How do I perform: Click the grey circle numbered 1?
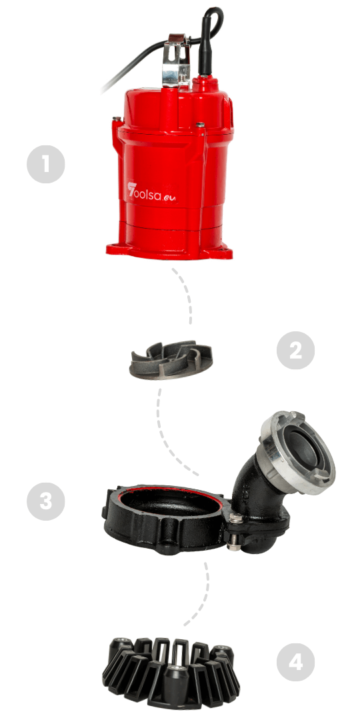[46, 165]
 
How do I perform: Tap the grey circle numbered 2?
[296, 351]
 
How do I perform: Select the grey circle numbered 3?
[46, 501]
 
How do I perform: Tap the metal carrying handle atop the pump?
[175, 60]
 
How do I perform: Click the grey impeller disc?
[171, 360]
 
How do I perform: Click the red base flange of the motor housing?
[169, 251]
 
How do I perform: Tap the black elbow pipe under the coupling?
[257, 505]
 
